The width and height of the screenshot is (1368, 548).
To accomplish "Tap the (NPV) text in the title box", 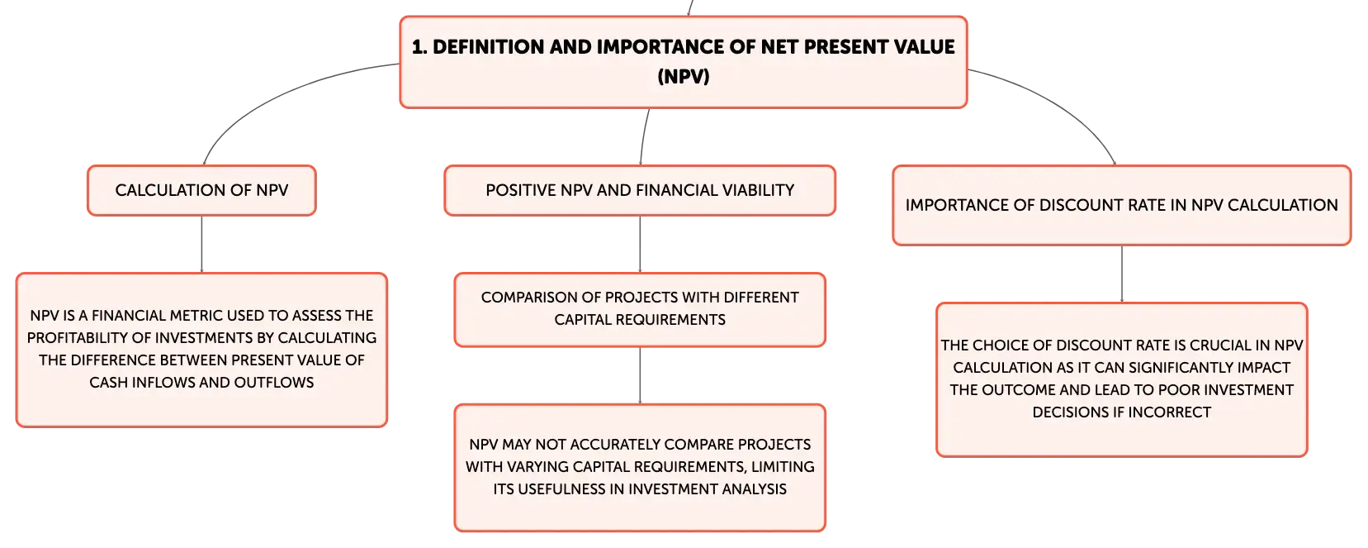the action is [684, 76].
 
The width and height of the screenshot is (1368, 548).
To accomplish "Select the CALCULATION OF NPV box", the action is [201, 190].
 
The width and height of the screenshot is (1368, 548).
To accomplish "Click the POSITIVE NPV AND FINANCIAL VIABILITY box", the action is [640, 190].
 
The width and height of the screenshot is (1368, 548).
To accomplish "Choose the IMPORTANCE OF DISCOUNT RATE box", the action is [1122, 206].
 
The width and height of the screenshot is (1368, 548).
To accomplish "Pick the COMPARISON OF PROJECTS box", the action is [640, 309].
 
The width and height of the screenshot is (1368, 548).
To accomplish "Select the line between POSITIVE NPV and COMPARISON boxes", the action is [640, 244].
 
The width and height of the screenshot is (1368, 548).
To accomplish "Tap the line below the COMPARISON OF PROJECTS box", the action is [640, 375].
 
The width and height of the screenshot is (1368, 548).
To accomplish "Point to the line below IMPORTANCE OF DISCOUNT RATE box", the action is [1122, 274].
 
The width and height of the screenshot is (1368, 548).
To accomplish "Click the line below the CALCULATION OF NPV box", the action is [201, 244].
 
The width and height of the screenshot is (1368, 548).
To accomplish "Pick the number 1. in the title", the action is [419, 47].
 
